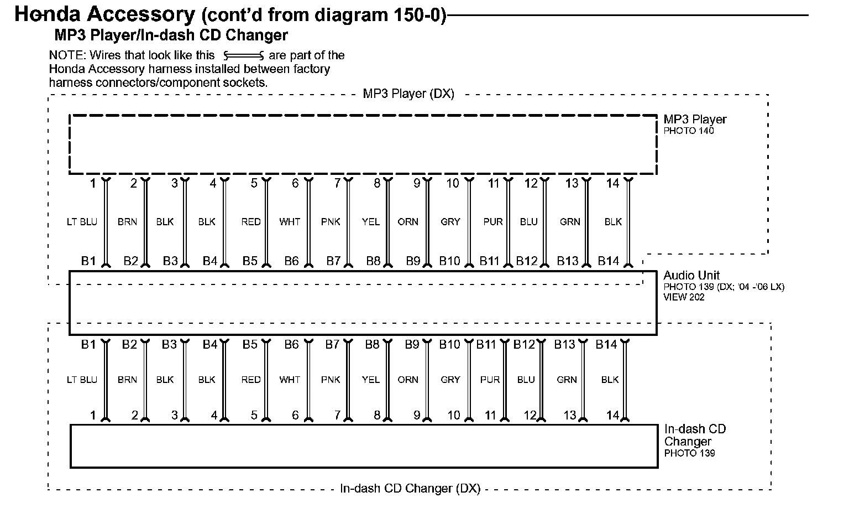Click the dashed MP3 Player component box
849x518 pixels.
[x=363, y=144]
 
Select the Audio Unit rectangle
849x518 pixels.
[x=363, y=303]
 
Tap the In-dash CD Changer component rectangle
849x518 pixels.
[x=364, y=446]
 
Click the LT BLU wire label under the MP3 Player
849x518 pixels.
[x=82, y=222]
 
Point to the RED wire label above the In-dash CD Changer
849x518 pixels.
[x=251, y=380]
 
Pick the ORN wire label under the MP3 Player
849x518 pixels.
[x=408, y=222]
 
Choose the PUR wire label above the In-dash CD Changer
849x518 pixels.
[x=490, y=380]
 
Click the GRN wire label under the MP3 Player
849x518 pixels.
[x=570, y=222]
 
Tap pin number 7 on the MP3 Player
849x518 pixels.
[x=337, y=184]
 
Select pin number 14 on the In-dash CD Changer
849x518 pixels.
[x=612, y=415]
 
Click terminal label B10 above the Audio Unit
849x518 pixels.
[x=450, y=261]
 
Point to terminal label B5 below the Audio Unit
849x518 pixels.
[x=250, y=345]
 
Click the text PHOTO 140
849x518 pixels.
[x=689, y=131]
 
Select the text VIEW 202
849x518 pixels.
[x=684, y=297]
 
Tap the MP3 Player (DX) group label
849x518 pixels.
[x=408, y=94]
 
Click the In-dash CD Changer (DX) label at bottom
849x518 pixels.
[x=410, y=489]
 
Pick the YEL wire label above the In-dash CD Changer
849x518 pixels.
[x=371, y=380]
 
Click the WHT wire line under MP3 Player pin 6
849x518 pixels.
[x=308, y=222]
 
